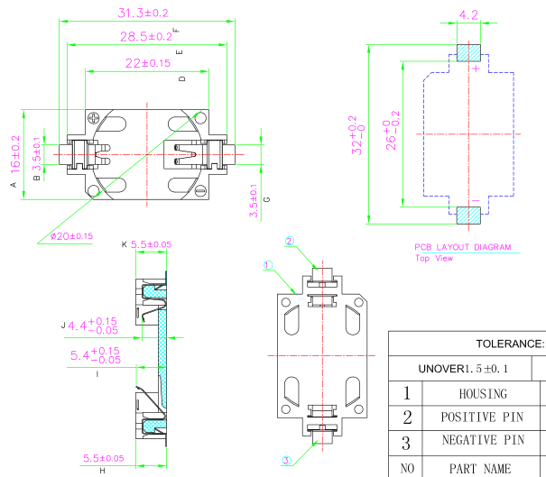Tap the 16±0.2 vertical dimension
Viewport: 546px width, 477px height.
15,153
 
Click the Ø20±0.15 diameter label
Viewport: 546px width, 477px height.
71,236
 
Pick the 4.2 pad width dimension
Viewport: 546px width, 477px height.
468,15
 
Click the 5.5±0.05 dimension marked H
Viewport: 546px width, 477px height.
102,458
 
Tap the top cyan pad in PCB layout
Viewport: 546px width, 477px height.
468,52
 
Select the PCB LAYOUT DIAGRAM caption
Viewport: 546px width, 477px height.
462,247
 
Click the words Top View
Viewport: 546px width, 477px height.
433,258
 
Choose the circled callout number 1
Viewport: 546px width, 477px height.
268,266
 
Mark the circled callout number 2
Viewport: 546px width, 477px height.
290,241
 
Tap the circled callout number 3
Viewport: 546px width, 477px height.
286,460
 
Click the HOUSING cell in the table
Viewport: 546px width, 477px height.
483,394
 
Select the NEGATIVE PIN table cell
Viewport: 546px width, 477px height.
483,441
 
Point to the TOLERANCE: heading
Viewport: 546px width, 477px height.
510,344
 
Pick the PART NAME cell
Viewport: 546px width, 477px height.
483,468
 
